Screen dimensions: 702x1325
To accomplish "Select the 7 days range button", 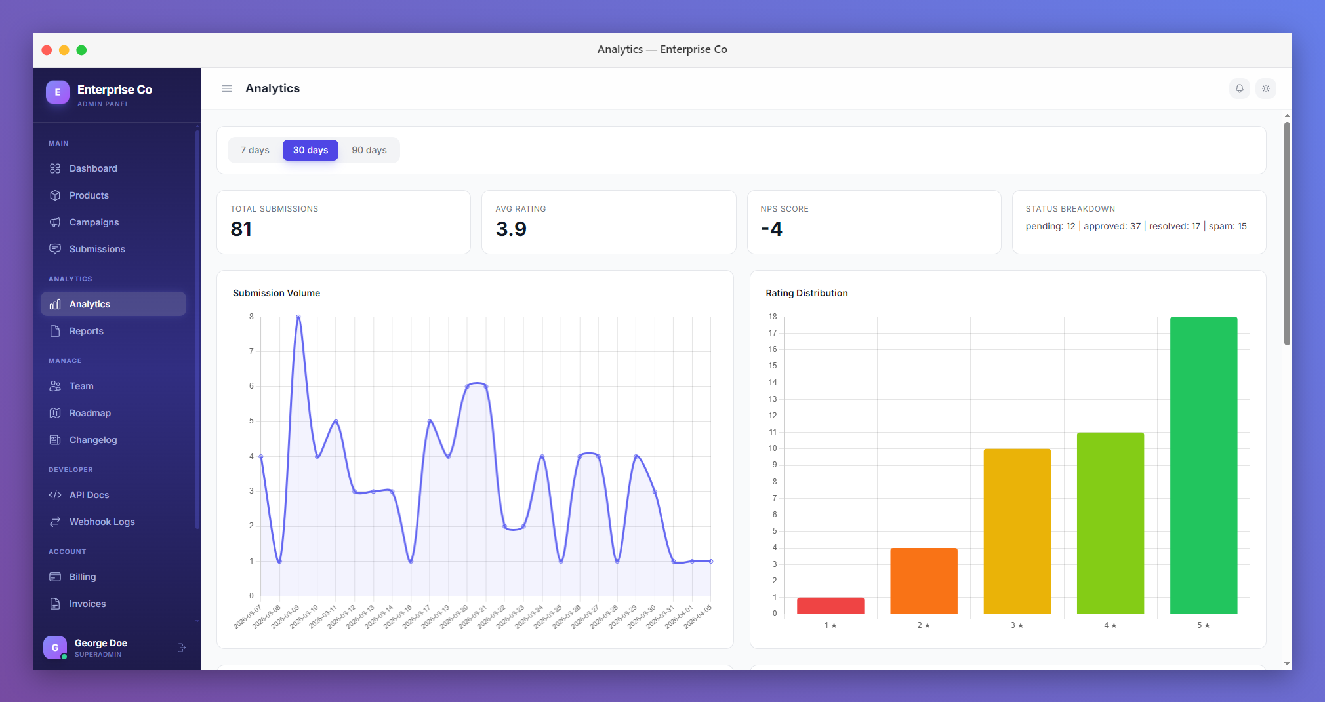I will click(x=255, y=150).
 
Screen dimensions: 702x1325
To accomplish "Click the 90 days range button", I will click(x=369, y=150).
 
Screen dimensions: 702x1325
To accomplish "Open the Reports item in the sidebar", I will click(x=86, y=331).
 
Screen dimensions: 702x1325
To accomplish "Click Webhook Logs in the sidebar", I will click(x=102, y=522).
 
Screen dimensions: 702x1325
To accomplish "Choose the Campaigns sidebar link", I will click(x=94, y=222).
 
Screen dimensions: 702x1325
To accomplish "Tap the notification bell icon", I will click(x=1239, y=88).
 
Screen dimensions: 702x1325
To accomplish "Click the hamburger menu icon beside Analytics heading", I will click(x=227, y=88).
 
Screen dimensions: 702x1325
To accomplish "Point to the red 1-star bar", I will click(x=830, y=606).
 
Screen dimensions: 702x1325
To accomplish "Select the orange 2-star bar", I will click(x=924, y=581).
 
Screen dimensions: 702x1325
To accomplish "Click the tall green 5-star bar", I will click(x=1203, y=465).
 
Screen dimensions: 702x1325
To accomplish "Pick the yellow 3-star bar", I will click(x=1017, y=531).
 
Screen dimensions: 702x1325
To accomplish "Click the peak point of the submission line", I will click(x=298, y=317).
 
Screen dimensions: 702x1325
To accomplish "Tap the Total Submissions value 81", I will click(x=241, y=229).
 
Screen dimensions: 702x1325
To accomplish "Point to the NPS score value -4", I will click(x=771, y=229).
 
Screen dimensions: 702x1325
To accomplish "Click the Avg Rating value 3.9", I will click(x=511, y=229).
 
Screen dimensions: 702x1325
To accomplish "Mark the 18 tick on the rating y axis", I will click(x=773, y=317).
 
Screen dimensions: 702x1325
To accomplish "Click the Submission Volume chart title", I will click(x=276, y=293).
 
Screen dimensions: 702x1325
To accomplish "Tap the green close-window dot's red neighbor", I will click(x=47, y=50).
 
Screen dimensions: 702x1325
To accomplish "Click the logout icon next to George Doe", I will click(x=182, y=648).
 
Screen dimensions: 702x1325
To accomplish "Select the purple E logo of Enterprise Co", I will click(x=58, y=92).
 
